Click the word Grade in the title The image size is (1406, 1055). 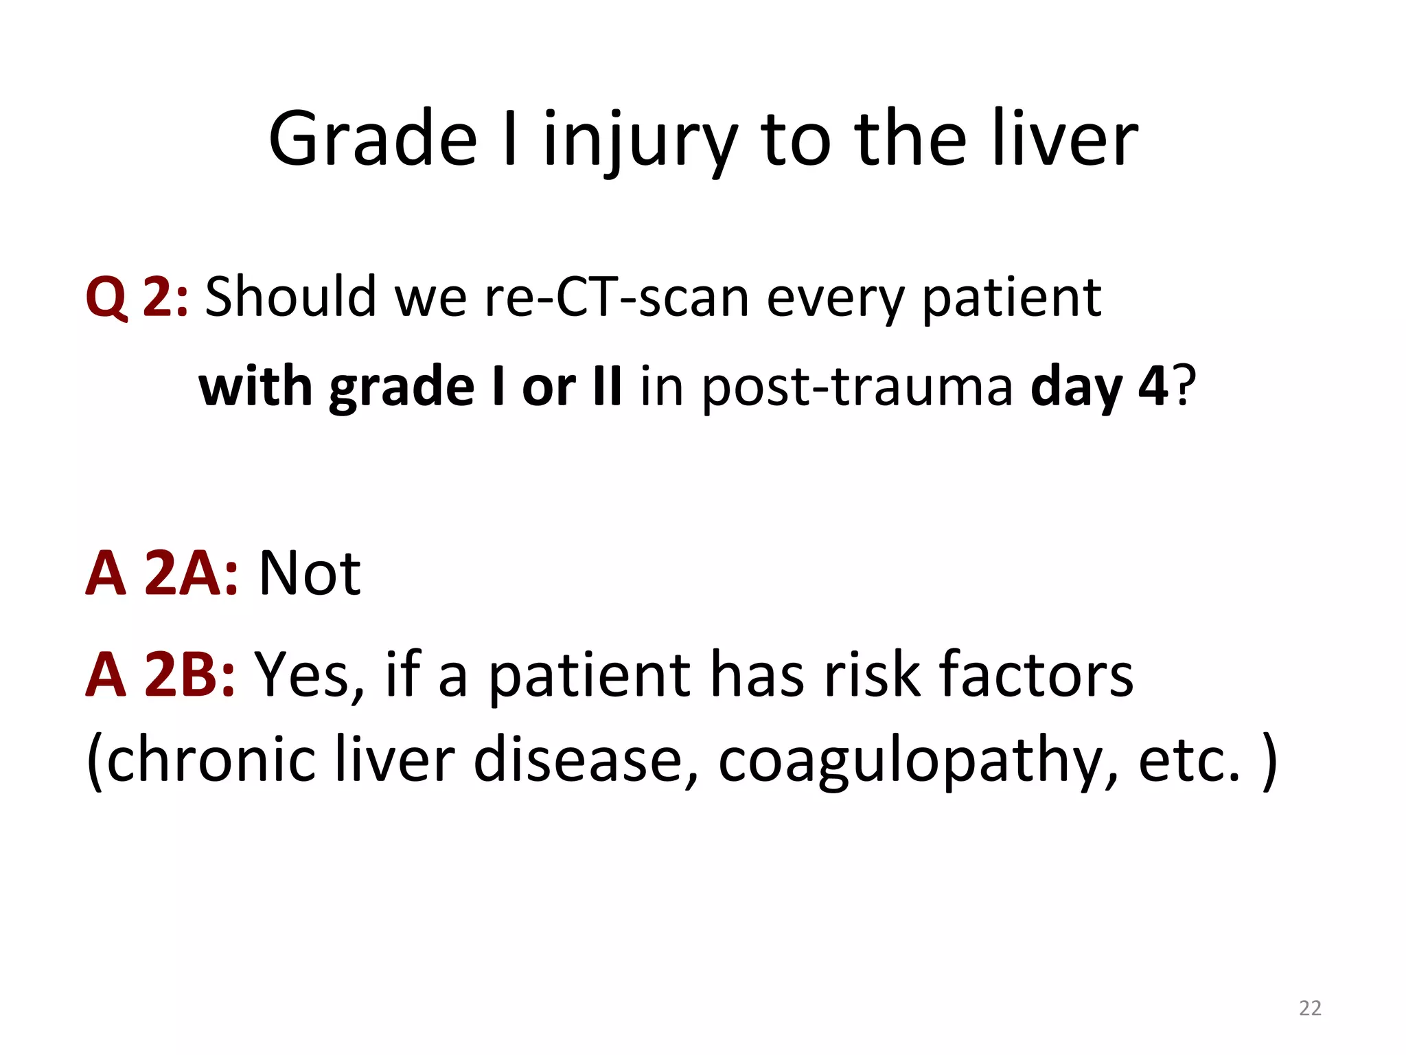coord(373,139)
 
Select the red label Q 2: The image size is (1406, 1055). coord(136,297)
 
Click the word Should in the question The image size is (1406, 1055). coord(290,297)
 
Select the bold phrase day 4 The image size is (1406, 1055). coord(1098,387)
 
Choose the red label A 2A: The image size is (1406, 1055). coord(161,573)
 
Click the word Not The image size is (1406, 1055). coord(310,573)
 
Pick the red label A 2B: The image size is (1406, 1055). coord(160,674)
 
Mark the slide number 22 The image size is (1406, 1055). coord(1310,1008)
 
